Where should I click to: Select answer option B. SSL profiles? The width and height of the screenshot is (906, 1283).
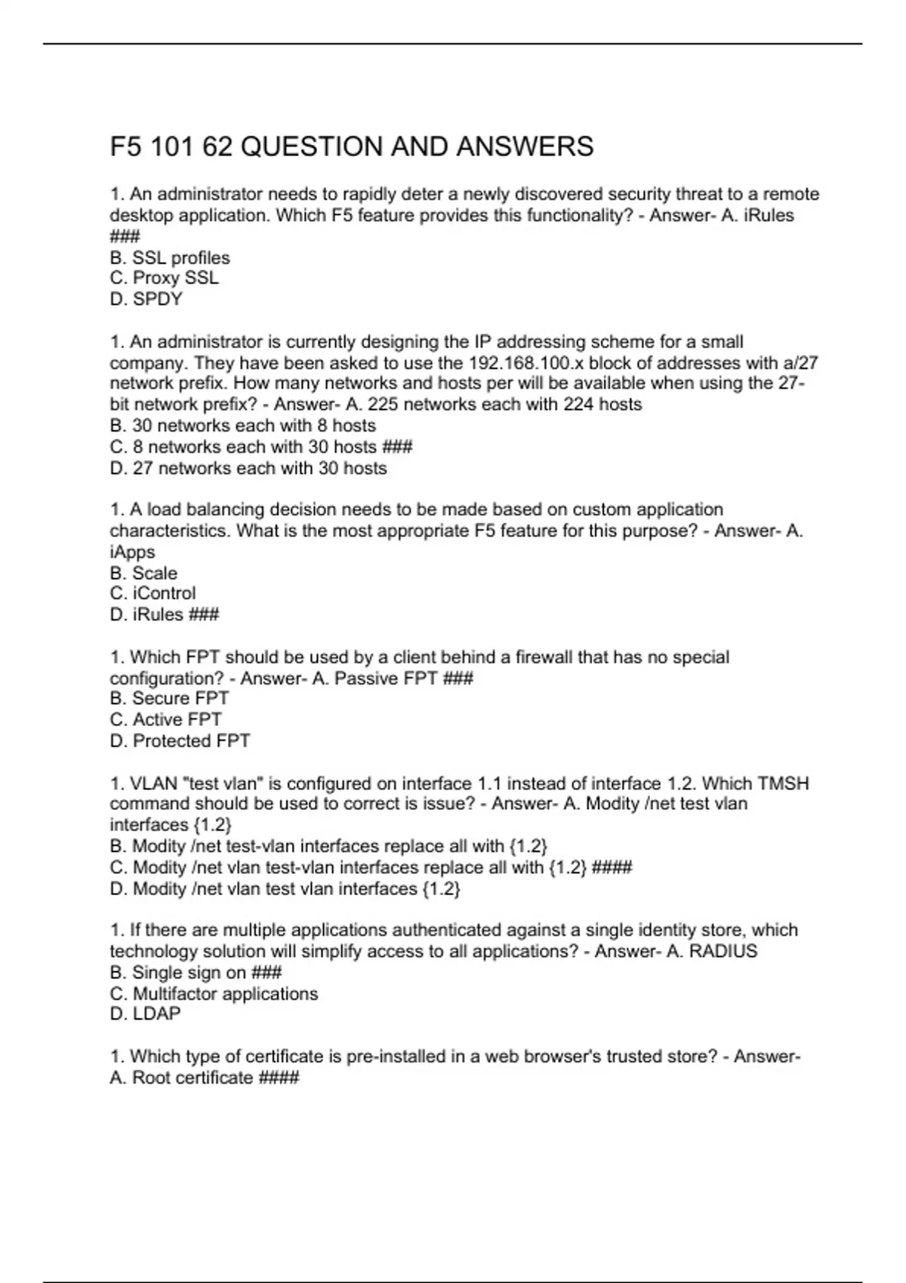coord(170,257)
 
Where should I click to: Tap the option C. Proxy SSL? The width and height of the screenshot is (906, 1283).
coord(164,278)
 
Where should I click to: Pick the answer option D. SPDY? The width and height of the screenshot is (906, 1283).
coord(146,299)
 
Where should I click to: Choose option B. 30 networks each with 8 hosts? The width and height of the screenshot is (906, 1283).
coord(242,425)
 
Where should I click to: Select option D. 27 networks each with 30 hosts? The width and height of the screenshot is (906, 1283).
coord(248,468)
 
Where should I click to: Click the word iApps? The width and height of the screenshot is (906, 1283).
coord(132,552)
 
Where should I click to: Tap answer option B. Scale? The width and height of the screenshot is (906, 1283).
coord(143,573)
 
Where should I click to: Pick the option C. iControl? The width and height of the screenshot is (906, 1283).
coord(153,593)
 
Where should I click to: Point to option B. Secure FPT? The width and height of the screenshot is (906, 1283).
coord(169,698)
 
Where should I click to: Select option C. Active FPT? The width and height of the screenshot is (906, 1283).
coord(165,719)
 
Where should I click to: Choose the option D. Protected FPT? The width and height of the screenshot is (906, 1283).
coord(180,740)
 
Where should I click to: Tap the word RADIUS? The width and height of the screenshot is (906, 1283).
coord(723,951)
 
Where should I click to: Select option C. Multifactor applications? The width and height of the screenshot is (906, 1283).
coord(214,993)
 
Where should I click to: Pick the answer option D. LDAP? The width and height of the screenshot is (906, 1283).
coord(145,1014)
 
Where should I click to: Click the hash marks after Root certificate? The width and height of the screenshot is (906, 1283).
coord(279,1078)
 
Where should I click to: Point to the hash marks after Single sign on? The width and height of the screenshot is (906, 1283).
coord(266,972)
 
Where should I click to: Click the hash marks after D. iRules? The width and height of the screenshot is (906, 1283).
coord(204,614)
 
